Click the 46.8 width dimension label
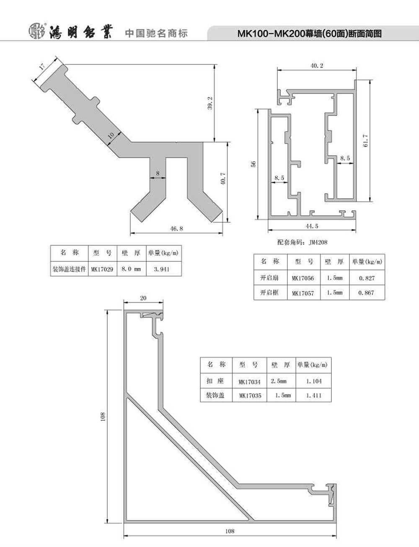[x=176, y=228]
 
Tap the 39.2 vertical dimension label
[x=210, y=103]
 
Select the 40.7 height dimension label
[x=223, y=178]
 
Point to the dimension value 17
[x=42, y=66]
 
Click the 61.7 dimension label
[x=365, y=141]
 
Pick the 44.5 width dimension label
[x=312, y=226]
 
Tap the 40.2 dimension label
[x=317, y=66]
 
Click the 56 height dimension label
[x=253, y=164]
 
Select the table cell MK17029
[x=102, y=270]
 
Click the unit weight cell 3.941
[x=161, y=269]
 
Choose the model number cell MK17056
[x=303, y=278]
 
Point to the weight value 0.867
[x=366, y=293]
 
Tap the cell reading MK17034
[x=249, y=382]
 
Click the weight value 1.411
[x=314, y=395]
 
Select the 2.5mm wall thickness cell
[x=279, y=381]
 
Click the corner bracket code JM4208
[x=318, y=242]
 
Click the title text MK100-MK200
[x=271, y=34]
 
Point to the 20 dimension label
[x=143, y=298]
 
